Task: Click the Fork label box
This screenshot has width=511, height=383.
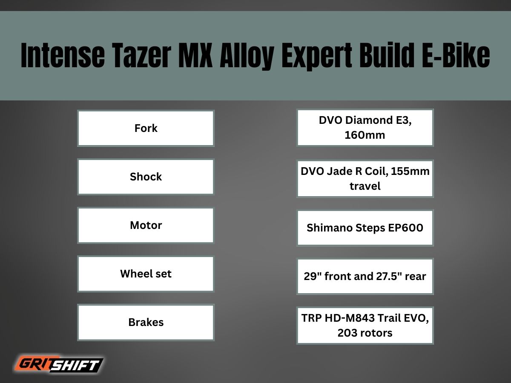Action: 146,128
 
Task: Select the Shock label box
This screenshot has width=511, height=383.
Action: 146,177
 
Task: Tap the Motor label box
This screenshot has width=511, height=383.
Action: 146,225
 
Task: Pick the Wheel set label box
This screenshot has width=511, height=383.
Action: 146,274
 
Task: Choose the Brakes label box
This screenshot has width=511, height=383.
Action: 146,322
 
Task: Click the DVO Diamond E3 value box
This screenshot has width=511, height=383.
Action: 365,128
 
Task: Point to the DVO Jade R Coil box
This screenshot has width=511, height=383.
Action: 365,178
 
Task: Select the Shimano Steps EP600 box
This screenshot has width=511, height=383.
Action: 365,228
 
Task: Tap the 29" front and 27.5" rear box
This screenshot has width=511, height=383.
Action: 365,276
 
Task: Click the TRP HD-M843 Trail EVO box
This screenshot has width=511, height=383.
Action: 365,325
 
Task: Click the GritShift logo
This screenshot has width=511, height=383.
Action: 60,364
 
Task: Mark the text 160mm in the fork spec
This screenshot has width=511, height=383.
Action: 365,135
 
